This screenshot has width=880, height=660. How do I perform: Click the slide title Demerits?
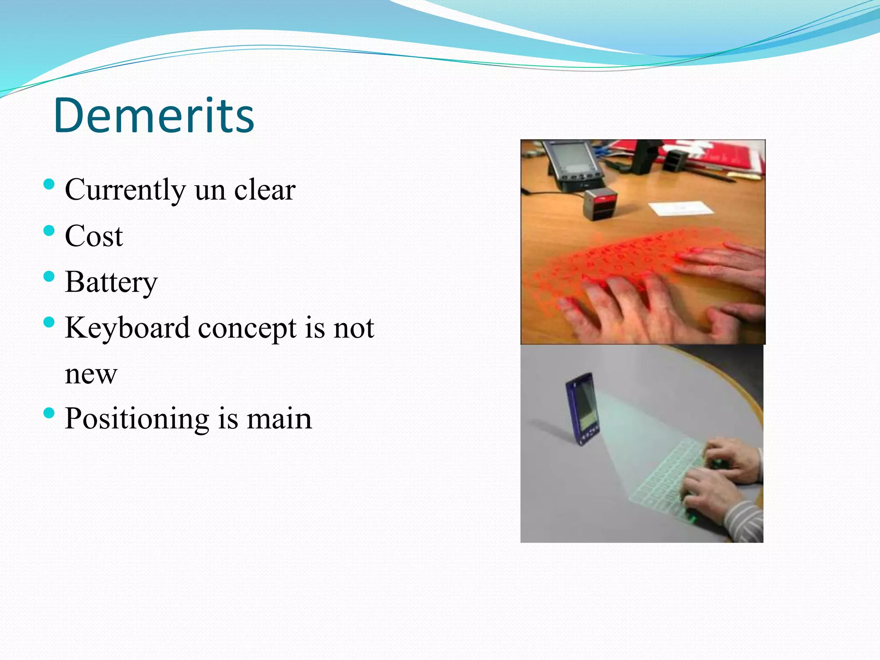154,115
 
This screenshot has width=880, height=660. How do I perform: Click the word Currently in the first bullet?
125,190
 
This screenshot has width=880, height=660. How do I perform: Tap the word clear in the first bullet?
265,190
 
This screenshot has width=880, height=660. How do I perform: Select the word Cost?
94,236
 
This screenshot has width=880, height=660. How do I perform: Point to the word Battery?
111,283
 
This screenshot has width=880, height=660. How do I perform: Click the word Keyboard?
127,328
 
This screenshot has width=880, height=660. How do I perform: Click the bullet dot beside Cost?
49,231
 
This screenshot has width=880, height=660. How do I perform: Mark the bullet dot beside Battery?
49,276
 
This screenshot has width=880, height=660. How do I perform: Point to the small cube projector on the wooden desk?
600,204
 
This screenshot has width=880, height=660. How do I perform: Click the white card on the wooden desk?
681,209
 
